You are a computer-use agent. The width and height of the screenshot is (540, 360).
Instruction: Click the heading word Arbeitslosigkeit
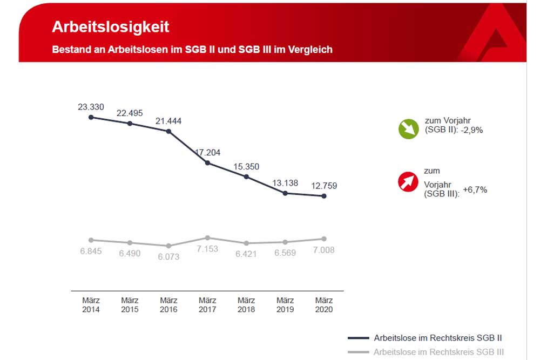click(x=110, y=27)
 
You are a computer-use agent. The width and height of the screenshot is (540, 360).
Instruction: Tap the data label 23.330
click(x=91, y=107)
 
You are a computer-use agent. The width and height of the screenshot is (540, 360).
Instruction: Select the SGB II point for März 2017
click(x=207, y=162)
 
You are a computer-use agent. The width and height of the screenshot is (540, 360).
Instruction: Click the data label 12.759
click(x=324, y=186)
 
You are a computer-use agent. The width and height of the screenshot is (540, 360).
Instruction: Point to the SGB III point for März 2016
click(x=168, y=246)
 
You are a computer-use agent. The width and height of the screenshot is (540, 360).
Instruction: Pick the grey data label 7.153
click(x=207, y=249)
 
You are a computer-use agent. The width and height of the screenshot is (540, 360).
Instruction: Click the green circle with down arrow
click(x=408, y=129)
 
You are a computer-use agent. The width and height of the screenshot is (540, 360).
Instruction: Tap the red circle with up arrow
click(x=408, y=182)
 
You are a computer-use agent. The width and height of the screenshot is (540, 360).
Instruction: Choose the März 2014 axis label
click(x=91, y=305)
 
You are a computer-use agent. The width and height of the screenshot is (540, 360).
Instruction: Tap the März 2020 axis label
click(x=324, y=305)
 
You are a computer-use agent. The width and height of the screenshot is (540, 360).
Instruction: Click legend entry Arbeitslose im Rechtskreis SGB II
click(x=438, y=338)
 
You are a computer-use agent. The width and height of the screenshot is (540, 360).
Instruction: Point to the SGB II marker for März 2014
click(x=91, y=117)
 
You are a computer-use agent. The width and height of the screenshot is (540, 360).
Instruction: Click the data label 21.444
click(x=168, y=121)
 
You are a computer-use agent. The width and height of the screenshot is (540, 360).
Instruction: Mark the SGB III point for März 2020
click(x=324, y=239)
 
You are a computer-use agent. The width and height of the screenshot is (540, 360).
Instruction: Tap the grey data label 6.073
click(x=168, y=257)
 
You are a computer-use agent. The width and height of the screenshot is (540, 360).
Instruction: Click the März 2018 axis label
click(x=246, y=305)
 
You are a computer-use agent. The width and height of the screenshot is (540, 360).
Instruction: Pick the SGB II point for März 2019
click(x=285, y=193)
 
